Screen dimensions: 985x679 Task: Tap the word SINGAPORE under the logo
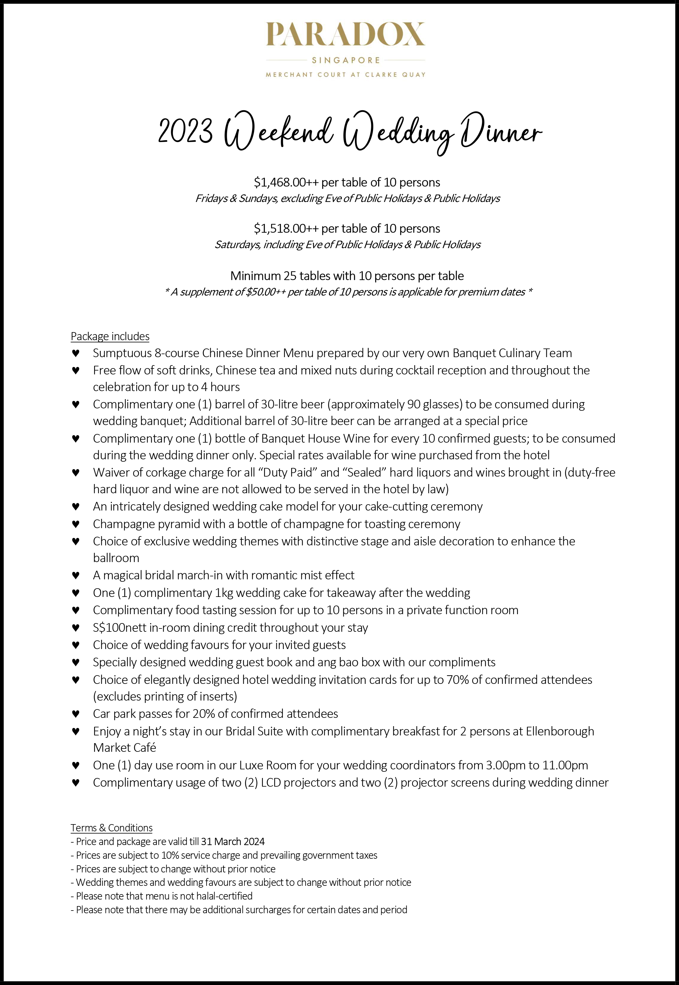[x=346, y=60]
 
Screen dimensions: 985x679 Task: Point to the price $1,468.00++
[x=286, y=183]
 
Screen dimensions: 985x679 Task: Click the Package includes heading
[x=110, y=336]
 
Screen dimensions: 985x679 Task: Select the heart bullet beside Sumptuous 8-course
[x=76, y=353]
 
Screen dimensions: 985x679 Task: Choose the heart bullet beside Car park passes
[x=76, y=714]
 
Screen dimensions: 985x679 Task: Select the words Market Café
[x=125, y=748]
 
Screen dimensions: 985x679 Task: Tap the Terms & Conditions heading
[x=111, y=828]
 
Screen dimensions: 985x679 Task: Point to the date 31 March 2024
[x=233, y=841]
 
